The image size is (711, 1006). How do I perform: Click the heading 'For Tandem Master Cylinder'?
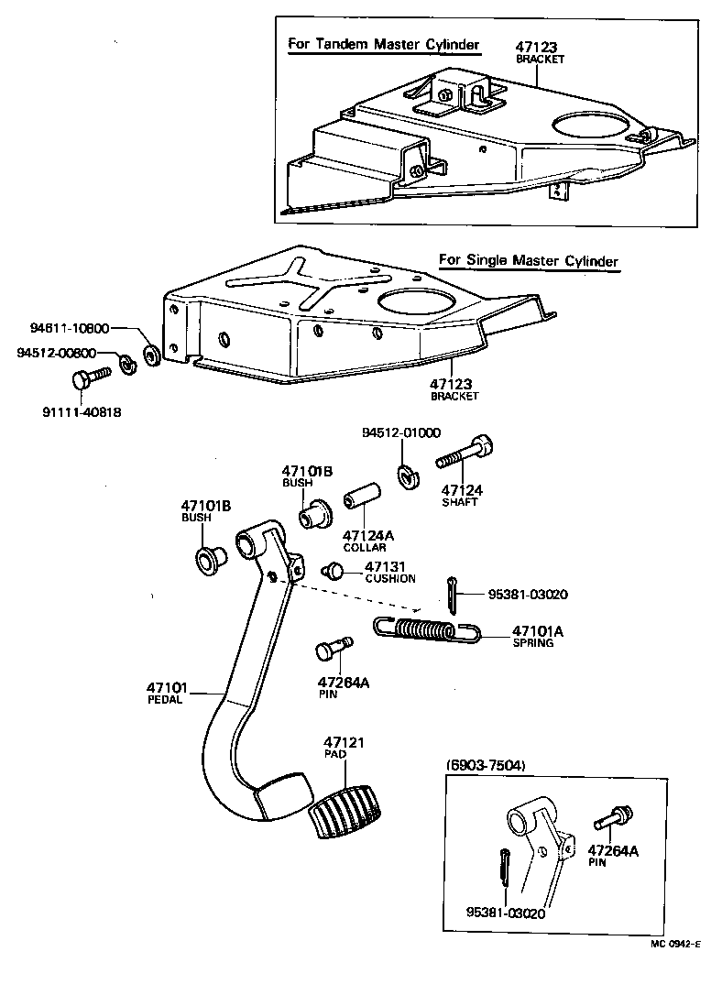(x=383, y=43)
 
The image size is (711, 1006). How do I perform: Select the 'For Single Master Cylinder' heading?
(x=528, y=260)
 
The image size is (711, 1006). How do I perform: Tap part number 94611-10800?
(x=69, y=328)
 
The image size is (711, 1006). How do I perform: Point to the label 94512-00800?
(x=56, y=353)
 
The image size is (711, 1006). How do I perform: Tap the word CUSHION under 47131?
(x=389, y=578)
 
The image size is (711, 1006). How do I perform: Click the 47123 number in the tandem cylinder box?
(x=536, y=47)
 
